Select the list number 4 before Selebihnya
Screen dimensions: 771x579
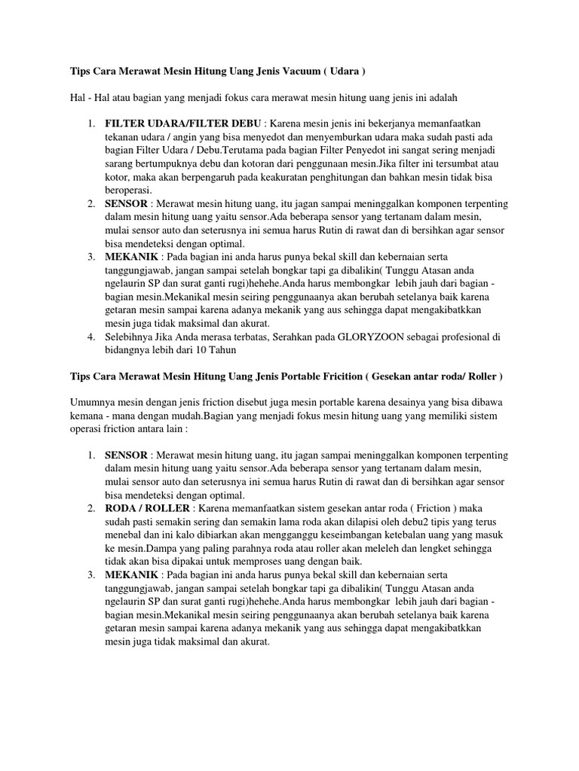[90, 337]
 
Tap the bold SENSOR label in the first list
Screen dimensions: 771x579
[127, 204]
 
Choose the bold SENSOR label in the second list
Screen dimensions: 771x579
[127, 456]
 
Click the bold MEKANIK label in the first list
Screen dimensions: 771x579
[130, 257]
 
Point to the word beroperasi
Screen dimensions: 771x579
[128, 190]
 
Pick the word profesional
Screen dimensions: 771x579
[446, 337]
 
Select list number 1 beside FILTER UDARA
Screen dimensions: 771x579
[90, 123]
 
